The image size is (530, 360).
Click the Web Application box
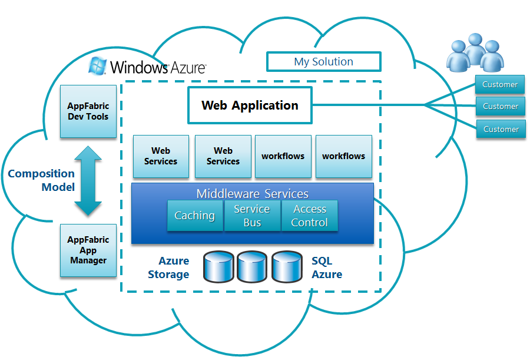pos(250,105)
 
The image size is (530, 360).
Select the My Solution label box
pos(324,62)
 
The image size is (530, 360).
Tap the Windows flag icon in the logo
pos(97,65)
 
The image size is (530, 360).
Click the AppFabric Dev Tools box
pos(88,111)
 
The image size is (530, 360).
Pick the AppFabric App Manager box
pos(88,250)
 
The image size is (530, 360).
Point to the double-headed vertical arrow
pos(88,181)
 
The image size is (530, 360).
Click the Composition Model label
pos(41,180)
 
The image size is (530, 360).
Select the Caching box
pos(195,216)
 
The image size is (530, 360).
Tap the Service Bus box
pos(252,216)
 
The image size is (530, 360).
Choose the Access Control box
pos(310,216)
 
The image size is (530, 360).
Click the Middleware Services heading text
pos(253,193)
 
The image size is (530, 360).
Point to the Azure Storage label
pos(168,267)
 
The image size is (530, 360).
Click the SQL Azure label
pos(326,267)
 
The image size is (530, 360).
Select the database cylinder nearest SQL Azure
pos(287,267)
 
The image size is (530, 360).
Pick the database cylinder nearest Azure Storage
pos(218,267)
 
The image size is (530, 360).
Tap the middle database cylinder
pos(252,267)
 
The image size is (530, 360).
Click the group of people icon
pos(475,52)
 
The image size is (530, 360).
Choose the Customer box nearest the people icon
pos(500,84)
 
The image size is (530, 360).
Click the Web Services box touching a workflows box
pos(223,156)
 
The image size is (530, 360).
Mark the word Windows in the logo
pos(139,67)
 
